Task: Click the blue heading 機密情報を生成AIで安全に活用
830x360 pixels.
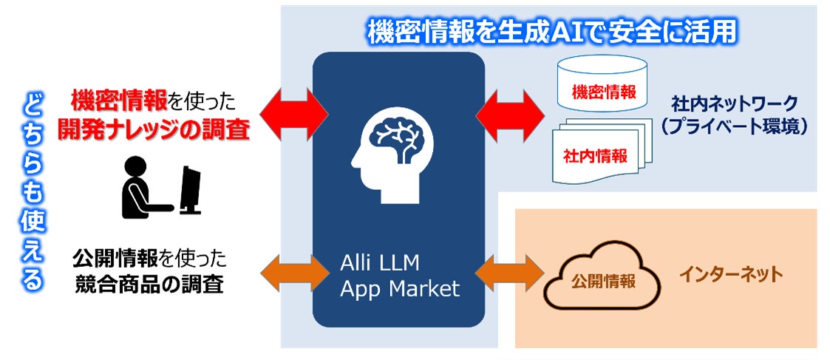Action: click(x=554, y=32)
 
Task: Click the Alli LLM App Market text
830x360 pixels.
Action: click(x=400, y=276)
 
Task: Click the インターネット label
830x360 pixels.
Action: click(x=729, y=275)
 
